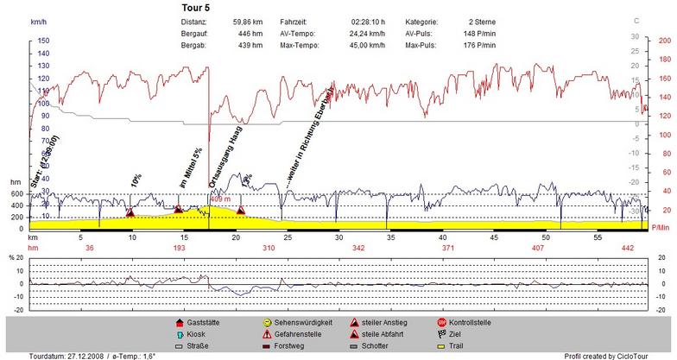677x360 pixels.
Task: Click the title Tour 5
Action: pyautogui.click(x=196, y=7)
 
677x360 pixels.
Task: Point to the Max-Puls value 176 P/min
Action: pyautogui.click(x=478, y=44)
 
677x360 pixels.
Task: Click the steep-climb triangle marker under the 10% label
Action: pyautogui.click(x=130, y=212)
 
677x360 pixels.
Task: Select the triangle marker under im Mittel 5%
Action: pyautogui.click(x=178, y=209)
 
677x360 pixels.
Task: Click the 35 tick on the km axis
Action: pyautogui.click(x=390, y=237)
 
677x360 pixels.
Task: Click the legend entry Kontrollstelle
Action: pyautogui.click(x=470, y=320)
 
